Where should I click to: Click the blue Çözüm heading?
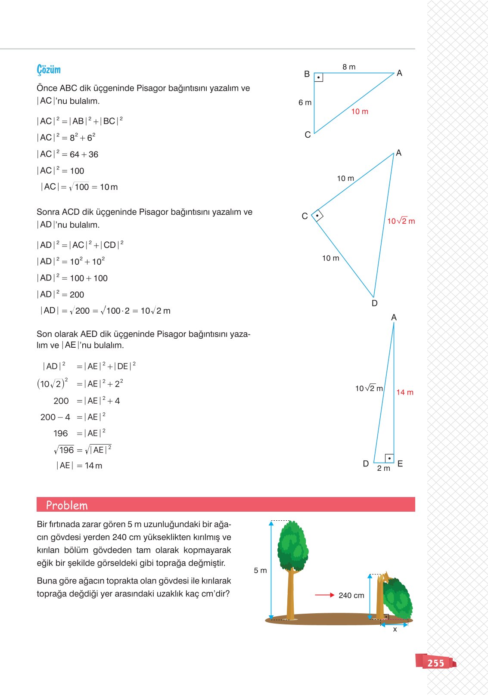coord(49,70)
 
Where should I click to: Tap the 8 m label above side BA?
coord(349,67)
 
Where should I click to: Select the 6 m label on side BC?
coord(305,102)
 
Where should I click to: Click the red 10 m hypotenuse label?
coord(360,111)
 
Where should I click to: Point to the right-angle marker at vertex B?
coord(318,77)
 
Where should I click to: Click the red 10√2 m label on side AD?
coord(401,221)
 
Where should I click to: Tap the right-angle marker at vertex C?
coord(317,215)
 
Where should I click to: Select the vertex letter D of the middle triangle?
coord(374,303)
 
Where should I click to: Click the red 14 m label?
coord(404,392)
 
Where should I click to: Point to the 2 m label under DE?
coord(383,468)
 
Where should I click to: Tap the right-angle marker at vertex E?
coord(389,458)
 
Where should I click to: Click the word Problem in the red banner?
coord(67,505)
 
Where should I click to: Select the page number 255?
coord(435,663)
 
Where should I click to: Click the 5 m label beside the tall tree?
coord(260,570)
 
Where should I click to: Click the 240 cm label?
coord(351,595)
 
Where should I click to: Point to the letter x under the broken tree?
coord(395,629)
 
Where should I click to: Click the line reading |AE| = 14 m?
coord(79,465)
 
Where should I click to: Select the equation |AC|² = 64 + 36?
coord(68,154)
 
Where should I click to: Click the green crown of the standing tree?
coord(293,544)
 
